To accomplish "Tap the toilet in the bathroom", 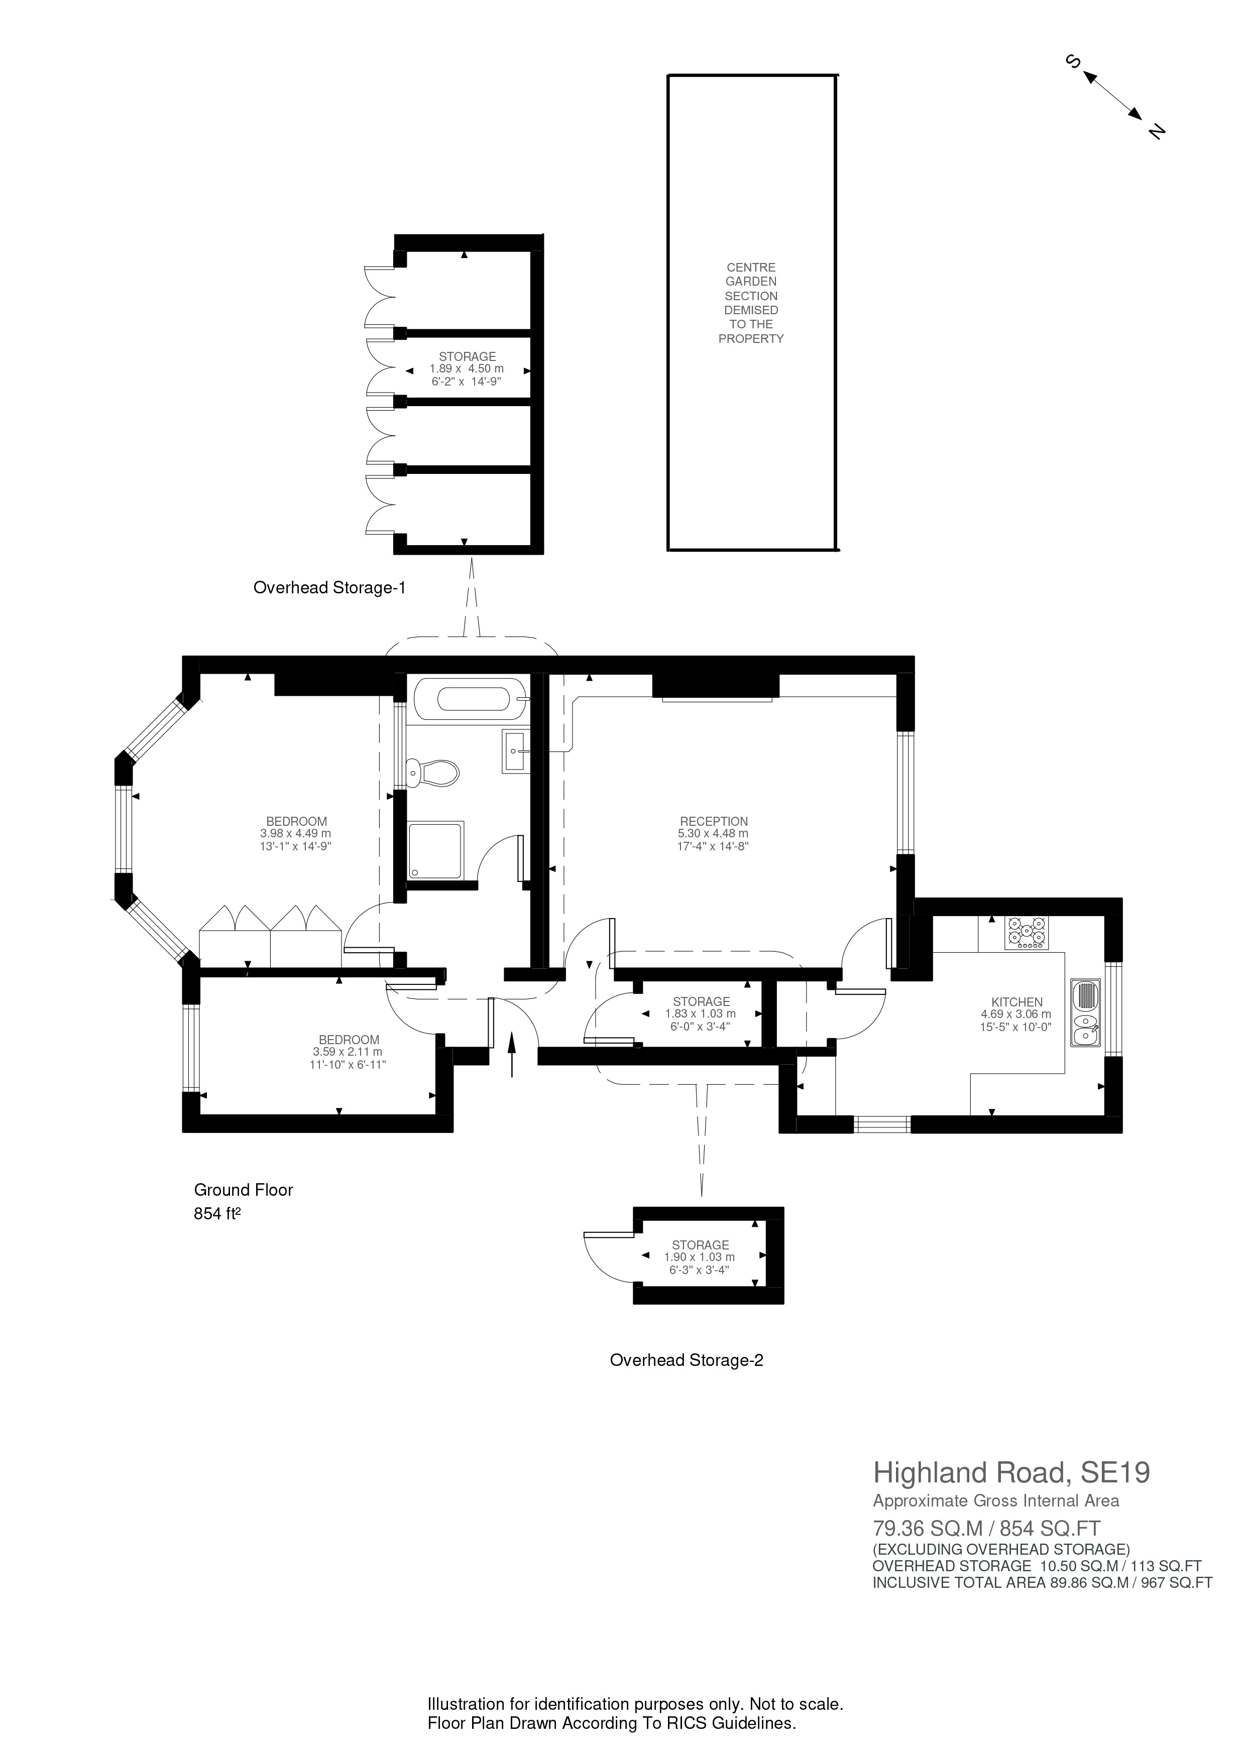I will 432,773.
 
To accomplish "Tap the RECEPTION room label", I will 713,821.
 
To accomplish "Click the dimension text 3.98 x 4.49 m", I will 295,834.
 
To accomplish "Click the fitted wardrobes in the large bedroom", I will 270,937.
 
